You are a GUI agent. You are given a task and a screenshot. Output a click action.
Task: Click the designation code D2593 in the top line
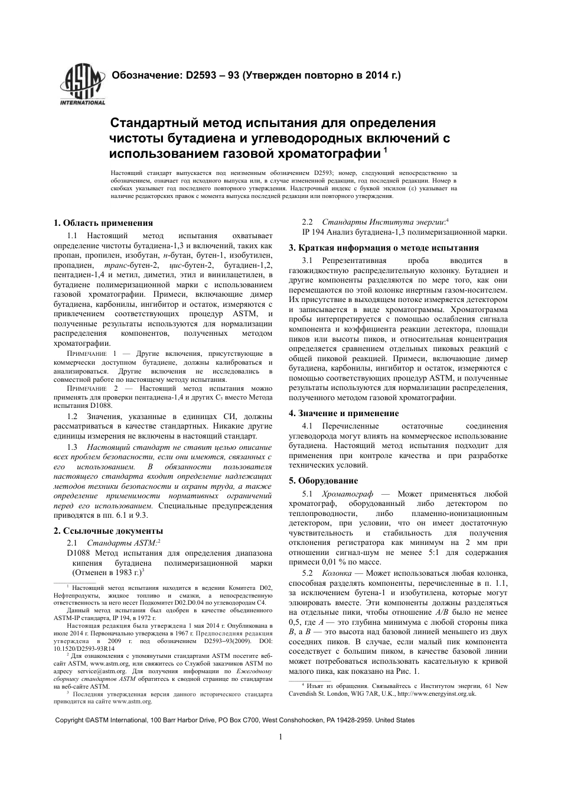point(203,76)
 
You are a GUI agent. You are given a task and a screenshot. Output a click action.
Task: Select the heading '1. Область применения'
point(103,223)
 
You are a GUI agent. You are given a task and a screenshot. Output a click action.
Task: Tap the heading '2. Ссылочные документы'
point(108,531)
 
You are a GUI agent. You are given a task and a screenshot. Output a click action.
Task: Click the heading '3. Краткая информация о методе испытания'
point(384,248)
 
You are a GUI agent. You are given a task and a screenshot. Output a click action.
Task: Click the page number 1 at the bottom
point(280,736)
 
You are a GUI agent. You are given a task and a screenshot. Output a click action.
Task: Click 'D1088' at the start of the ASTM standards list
point(79,553)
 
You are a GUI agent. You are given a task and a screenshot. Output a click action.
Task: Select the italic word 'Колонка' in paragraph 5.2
point(337,573)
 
